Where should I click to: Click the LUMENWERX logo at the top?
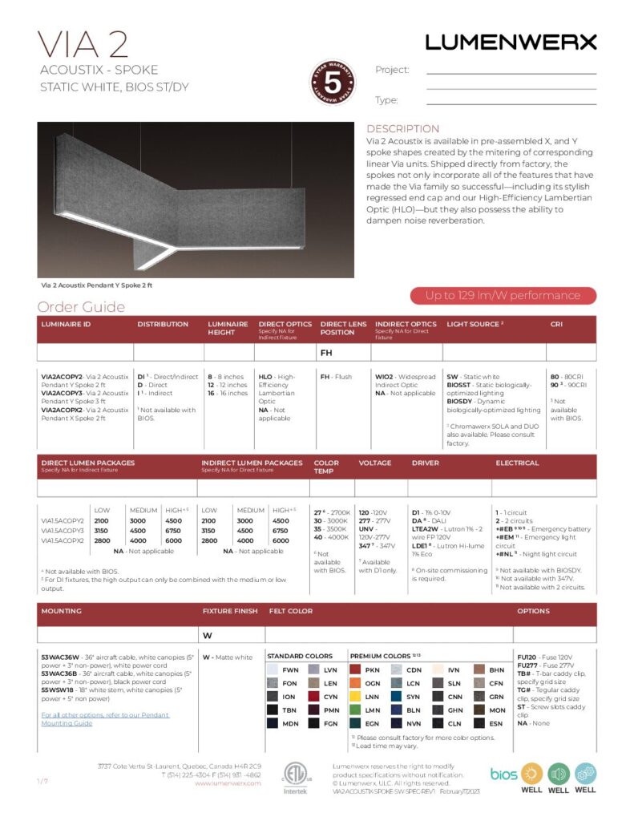[511, 42]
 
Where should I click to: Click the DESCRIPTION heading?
[402, 129]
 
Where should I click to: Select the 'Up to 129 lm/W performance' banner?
[503, 295]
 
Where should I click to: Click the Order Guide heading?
[81, 307]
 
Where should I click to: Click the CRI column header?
[556, 325]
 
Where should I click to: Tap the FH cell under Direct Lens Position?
[326, 352]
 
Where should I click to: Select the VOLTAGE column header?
[374, 463]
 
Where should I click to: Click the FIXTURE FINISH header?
[230, 611]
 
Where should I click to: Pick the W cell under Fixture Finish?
[207, 636]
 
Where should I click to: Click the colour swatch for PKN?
[355, 669]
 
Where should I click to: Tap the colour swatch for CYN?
[313, 697]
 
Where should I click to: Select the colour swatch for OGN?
[355, 683]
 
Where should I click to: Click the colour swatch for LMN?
[355, 710]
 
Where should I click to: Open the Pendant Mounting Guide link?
[105, 718]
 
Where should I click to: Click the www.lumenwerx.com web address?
[228, 783]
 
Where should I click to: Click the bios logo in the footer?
[503, 773]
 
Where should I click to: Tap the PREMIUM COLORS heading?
[378, 656]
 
